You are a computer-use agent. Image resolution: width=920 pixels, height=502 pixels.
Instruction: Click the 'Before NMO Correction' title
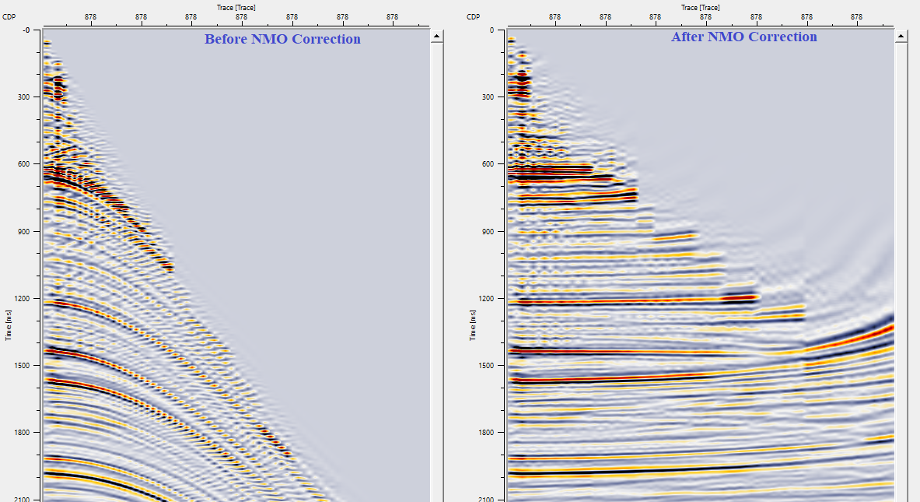pyautogui.click(x=282, y=39)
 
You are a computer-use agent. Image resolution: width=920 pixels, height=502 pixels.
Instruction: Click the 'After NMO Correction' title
pyautogui.click(x=744, y=37)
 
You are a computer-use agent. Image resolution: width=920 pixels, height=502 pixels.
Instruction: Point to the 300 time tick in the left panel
pyautogui.click(x=21, y=97)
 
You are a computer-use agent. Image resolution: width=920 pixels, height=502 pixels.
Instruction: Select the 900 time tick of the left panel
pyautogui.click(x=21, y=232)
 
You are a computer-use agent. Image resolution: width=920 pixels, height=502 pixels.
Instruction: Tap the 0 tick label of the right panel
pyautogui.click(x=490, y=30)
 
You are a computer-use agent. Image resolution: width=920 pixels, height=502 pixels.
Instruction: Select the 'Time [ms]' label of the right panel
pyautogui.click(x=471, y=324)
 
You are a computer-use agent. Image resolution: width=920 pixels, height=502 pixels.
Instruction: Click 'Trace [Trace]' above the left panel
pyautogui.click(x=236, y=7)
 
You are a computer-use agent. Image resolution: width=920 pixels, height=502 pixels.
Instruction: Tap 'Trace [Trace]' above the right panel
pyautogui.click(x=700, y=7)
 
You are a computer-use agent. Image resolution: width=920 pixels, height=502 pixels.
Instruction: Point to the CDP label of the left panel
pyautogui.click(x=9, y=16)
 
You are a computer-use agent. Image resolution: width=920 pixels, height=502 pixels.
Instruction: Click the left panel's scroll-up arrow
pyautogui.click(x=437, y=36)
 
